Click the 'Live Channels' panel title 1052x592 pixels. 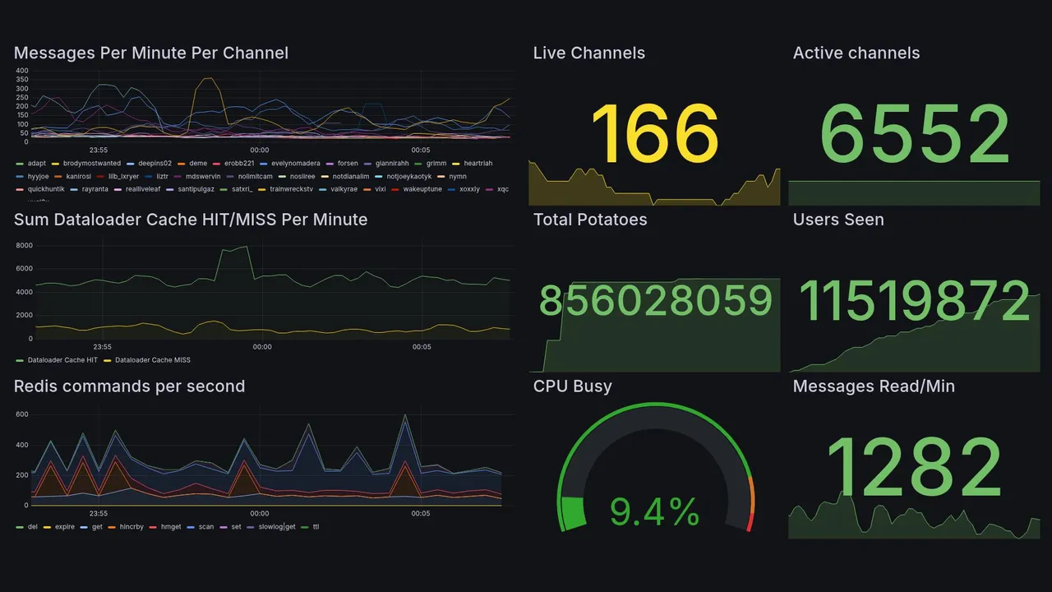588,53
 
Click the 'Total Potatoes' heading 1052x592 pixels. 589,220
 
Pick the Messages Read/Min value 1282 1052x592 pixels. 913,468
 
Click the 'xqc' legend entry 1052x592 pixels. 503,189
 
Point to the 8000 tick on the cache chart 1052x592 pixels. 24,246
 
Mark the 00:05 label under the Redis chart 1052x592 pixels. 420,514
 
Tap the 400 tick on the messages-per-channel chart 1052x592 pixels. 22,72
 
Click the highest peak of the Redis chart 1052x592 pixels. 405,416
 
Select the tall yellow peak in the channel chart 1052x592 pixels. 207,79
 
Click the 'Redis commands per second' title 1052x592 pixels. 129,386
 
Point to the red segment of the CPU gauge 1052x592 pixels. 749,523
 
